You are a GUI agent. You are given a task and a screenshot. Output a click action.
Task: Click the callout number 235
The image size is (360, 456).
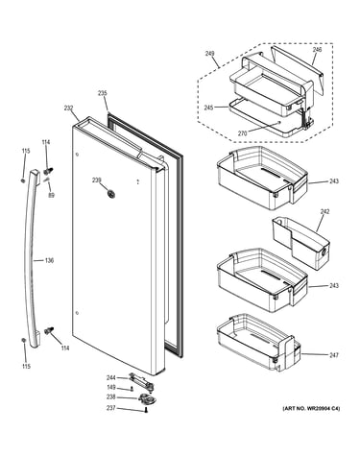coord(103,93)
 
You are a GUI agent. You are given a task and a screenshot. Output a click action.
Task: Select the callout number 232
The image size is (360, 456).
coord(69,108)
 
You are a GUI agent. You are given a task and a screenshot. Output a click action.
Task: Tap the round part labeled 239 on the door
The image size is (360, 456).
coord(111,194)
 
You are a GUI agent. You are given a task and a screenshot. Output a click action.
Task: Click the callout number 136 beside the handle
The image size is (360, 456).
coord(49,260)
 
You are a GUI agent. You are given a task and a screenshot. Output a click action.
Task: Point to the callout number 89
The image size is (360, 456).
coord(51,195)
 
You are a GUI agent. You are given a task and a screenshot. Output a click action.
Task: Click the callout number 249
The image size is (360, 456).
coord(209,54)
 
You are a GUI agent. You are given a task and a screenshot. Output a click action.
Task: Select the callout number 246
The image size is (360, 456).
coord(317,50)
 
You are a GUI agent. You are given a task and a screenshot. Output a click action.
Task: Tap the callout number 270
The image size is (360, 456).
coord(242,133)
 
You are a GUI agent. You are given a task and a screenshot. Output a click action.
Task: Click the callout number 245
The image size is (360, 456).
coord(209,108)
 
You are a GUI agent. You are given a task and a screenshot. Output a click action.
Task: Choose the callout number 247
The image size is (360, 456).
coord(334,355)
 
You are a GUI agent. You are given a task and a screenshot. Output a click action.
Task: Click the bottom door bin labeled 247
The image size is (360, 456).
coord(258,343)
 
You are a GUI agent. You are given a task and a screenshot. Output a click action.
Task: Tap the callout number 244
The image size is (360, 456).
coord(111,378)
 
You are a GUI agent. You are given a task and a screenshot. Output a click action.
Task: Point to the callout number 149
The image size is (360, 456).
coord(111,388)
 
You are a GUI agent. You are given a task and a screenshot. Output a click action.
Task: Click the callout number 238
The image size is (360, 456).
coord(111,397)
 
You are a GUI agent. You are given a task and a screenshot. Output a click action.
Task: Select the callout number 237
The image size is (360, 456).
coord(111,408)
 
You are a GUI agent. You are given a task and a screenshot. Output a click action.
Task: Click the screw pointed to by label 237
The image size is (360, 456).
coord(146,410)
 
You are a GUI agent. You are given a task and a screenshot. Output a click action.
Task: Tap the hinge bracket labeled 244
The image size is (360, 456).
coord(141,380)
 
